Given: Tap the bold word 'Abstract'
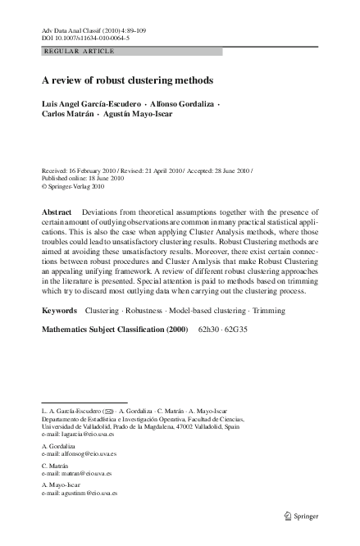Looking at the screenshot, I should (x=57, y=212).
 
